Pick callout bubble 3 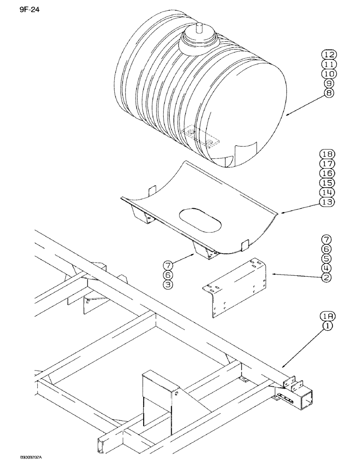point(169,284)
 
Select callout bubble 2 point(326,278)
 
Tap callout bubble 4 point(326,268)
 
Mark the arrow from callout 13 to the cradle point(298,207)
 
